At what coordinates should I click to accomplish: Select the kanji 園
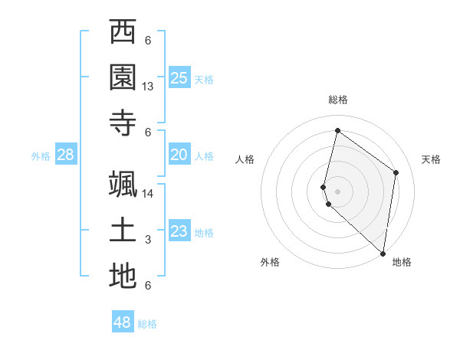pos(123,77)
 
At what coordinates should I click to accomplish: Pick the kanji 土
pos(123,231)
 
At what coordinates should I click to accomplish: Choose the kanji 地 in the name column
pos(123,277)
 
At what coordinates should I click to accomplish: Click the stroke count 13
pos(148,87)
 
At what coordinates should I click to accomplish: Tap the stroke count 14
pos(148,194)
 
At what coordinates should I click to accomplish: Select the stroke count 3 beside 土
pos(148,240)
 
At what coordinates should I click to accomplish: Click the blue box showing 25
pos(179,78)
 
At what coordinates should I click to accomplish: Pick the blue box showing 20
pos(179,155)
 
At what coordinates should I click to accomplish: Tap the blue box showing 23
pos(179,231)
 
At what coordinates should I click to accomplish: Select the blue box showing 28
pos(65,155)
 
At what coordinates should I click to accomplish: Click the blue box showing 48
pos(122,322)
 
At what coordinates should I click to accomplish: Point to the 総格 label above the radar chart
pos(338,100)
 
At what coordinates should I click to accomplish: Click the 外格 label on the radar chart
pos(270,262)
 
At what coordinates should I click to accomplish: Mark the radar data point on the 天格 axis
pos(396,172)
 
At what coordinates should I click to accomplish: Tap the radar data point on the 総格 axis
pos(337,131)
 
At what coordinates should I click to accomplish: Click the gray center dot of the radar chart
pos(337,191)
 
